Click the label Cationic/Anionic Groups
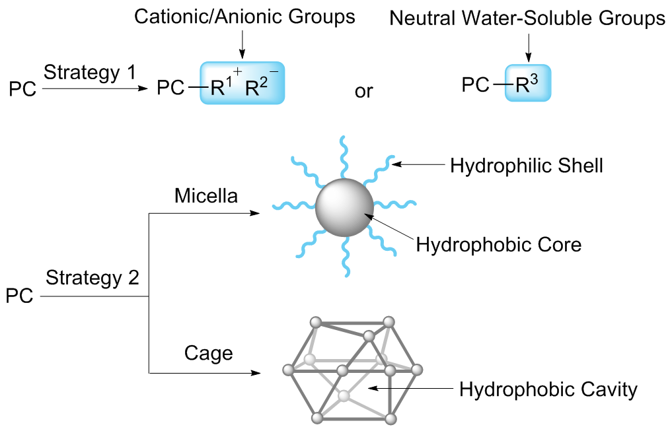click(x=244, y=17)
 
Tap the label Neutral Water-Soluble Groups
click(x=527, y=18)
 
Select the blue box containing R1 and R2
click(x=243, y=83)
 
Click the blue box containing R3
click(x=527, y=83)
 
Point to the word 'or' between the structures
click(x=363, y=90)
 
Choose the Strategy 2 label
click(x=93, y=279)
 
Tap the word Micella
click(x=205, y=196)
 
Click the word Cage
click(x=208, y=354)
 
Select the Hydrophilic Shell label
click(x=527, y=166)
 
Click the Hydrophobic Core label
click(x=499, y=246)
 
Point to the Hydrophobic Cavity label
click(x=548, y=389)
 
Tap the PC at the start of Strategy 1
click(x=23, y=89)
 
